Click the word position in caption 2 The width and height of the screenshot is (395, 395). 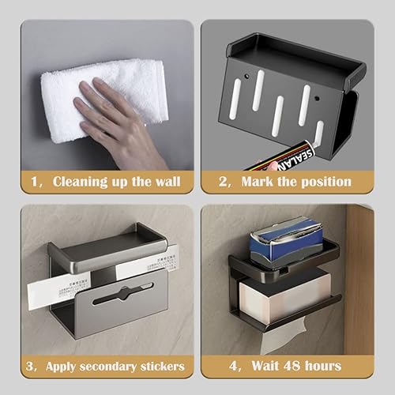point(322,182)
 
